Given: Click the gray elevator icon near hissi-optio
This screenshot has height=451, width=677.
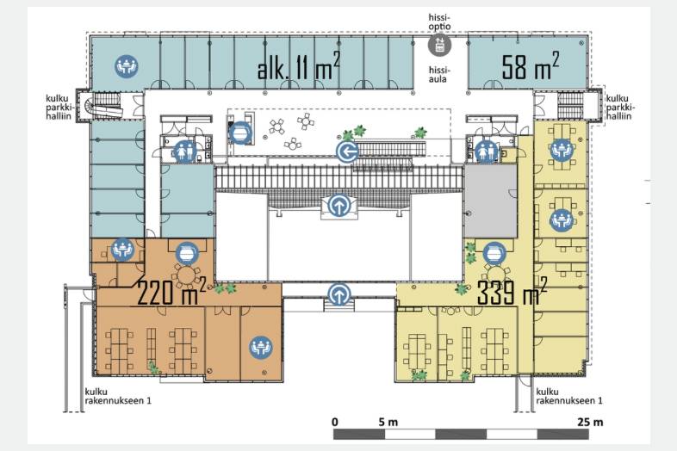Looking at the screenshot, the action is point(439,45).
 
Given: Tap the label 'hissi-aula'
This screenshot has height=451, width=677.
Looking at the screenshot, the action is point(438,75).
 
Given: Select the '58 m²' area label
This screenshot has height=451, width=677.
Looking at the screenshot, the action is point(531,65).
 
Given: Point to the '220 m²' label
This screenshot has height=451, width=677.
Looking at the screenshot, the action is point(171,291).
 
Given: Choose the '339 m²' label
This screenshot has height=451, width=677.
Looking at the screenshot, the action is point(512,291).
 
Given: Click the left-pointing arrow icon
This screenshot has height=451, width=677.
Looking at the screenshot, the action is point(348,152).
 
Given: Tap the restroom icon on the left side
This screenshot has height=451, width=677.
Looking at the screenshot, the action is point(186,151).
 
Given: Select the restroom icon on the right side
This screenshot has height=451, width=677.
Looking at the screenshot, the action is point(486,152).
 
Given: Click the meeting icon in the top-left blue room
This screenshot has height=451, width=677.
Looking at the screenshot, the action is point(127,66).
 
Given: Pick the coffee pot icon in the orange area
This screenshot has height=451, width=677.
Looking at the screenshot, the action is point(188,253).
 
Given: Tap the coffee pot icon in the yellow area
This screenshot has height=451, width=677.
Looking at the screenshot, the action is point(494,254).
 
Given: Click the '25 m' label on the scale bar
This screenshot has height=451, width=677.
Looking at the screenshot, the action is point(590,422).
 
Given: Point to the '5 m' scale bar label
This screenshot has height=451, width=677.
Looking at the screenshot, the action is point(388,422).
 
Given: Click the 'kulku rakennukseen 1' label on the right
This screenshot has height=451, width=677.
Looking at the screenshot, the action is point(569,396).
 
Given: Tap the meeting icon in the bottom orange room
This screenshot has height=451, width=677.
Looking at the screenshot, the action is point(261,348).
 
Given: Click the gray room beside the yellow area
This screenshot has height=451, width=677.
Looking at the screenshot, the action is point(490,201).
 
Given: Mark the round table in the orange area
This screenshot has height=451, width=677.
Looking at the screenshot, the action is point(187,275).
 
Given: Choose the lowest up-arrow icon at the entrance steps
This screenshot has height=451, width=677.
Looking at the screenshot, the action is point(339,295).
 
